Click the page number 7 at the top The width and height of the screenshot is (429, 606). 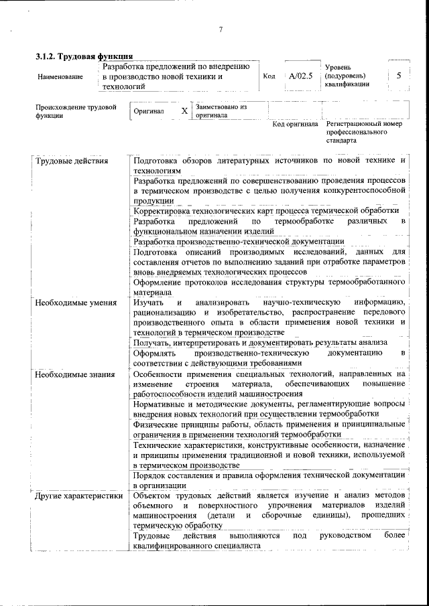pos(220,29)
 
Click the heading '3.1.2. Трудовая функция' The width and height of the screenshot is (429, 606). pos(83,56)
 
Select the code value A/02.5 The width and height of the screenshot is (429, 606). pos(300,76)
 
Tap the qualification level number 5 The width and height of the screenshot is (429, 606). pos(399,76)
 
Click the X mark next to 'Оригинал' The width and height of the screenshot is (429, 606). pos(184,111)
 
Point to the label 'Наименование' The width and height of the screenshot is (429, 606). pos(60,77)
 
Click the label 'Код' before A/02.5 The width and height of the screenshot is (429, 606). pos(269,76)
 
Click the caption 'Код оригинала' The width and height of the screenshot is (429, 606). pos(295,124)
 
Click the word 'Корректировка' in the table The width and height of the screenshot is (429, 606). pos(163,211)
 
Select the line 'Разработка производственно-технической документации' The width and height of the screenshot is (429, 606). pos(239,241)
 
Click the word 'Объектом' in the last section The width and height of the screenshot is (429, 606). pos(152,496)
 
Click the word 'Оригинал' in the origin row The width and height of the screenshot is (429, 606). pos(149,111)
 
